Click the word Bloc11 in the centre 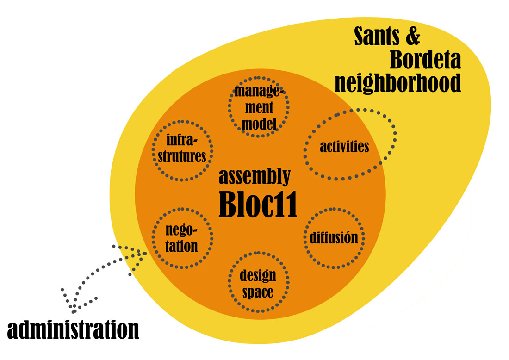pyautogui.click(x=258, y=204)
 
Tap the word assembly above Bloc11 pyautogui.click(x=254, y=177)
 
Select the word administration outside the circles pyautogui.click(x=74, y=329)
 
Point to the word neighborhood pyautogui.click(x=398, y=83)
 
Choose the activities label pyautogui.click(x=344, y=147)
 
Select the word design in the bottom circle pyautogui.click(x=258, y=276)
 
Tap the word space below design pyautogui.click(x=258, y=292)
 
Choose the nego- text pyautogui.click(x=181, y=229)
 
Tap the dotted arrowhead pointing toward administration pyautogui.click(x=73, y=306)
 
